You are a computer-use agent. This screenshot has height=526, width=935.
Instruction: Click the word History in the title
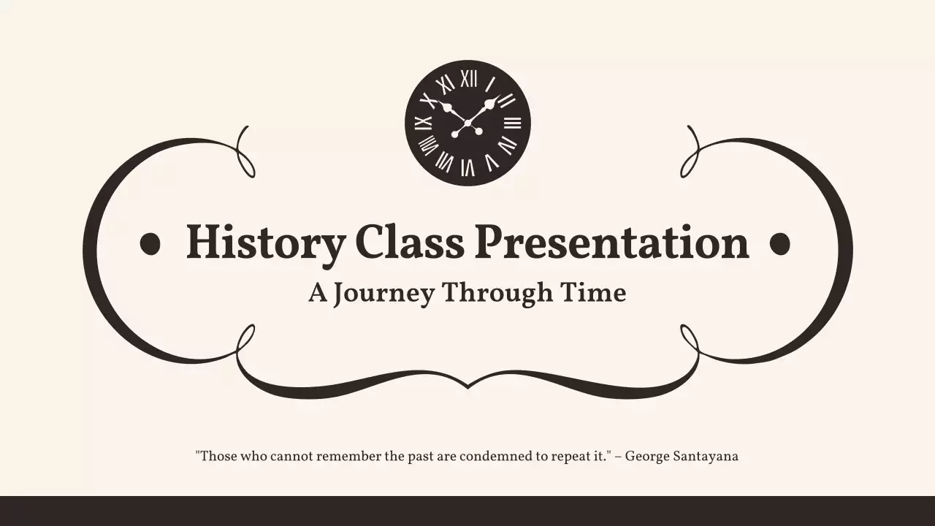[265, 243]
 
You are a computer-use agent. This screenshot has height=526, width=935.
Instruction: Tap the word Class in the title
[409, 242]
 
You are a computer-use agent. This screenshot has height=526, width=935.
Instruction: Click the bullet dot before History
[150, 244]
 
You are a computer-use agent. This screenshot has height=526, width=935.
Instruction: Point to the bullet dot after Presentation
[780, 244]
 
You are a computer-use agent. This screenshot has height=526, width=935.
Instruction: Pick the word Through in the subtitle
[497, 294]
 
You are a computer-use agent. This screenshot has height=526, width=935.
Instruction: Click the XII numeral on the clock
[468, 78]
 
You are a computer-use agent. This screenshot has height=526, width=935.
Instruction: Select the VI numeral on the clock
[467, 168]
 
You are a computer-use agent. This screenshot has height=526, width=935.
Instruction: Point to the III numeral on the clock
[513, 123]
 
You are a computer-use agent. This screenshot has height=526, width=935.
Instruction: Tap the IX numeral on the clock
[423, 123]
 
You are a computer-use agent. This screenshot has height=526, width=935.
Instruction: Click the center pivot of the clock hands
[467, 123]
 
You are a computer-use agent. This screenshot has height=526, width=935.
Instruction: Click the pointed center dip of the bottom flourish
[467, 384]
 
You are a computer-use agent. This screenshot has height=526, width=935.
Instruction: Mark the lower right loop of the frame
[689, 339]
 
